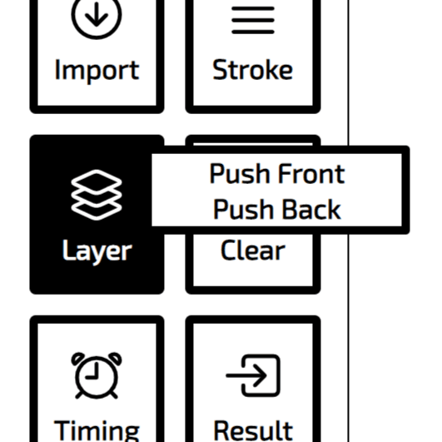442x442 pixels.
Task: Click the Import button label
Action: pyautogui.click(x=97, y=70)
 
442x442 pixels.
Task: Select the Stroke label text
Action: pyautogui.click(x=253, y=69)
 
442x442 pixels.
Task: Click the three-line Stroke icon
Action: pyautogui.click(x=253, y=20)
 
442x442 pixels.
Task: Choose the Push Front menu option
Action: pyautogui.click(x=277, y=173)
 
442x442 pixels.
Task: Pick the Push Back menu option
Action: pyautogui.click(x=277, y=209)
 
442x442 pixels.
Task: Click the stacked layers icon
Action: pyautogui.click(x=97, y=195)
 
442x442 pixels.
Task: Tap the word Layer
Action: pyautogui.click(x=97, y=251)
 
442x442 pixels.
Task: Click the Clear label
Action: pyautogui.click(x=253, y=250)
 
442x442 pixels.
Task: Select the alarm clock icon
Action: pyautogui.click(x=97, y=375)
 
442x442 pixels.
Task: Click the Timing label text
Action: pyautogui.click(x=97, y=430)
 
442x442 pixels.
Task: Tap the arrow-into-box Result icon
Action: pyautogui.click(x=253, y=375)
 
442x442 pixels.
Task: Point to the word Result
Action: pyautogui.click(x=253, y=430)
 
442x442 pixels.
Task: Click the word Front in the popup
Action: pyautogui.click(x=311, y=173)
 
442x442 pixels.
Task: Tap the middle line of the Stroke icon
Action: pyautogui.click(x=253, y=20)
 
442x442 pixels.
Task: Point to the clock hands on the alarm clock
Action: pyautogui.click(x=93, y=371)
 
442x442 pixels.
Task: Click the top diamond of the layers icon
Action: pyautogui.click(x=97, y=182)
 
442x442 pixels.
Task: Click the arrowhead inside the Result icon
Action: pyautogui.click(x=260, y=375)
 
